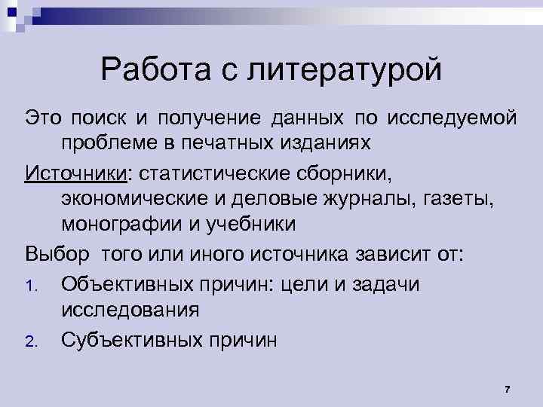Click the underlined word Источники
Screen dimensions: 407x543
point(75,175)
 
